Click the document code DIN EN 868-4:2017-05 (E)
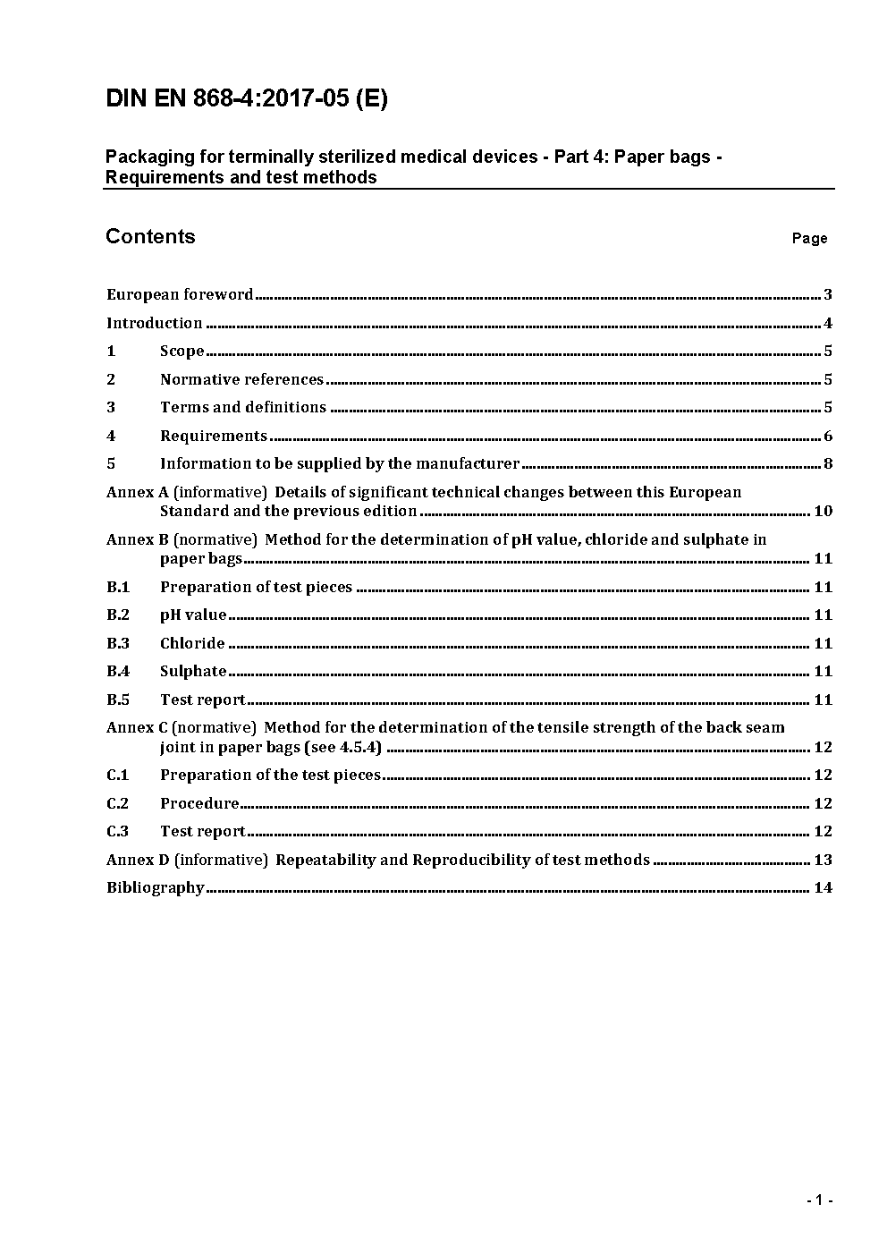coord(247,98)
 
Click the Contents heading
coord(150,236)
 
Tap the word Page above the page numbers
coord(809,238)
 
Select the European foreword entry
coord(180,294)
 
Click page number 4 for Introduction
coord(828,323)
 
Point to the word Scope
coord(182,351)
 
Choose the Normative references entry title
coord(241,379)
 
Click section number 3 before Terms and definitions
coord(111,407)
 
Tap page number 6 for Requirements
coord(828,436)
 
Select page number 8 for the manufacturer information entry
coord(828,463)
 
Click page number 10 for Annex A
coord(824,511)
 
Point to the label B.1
coord(118,587)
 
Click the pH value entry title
coord(193,615)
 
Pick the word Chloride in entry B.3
coord(192,643)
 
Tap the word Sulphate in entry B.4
coord(193,671)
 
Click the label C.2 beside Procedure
coord(118,803)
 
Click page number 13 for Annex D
coord(824,860)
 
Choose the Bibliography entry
coord(156,887)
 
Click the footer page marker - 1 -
coord(819,1200)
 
